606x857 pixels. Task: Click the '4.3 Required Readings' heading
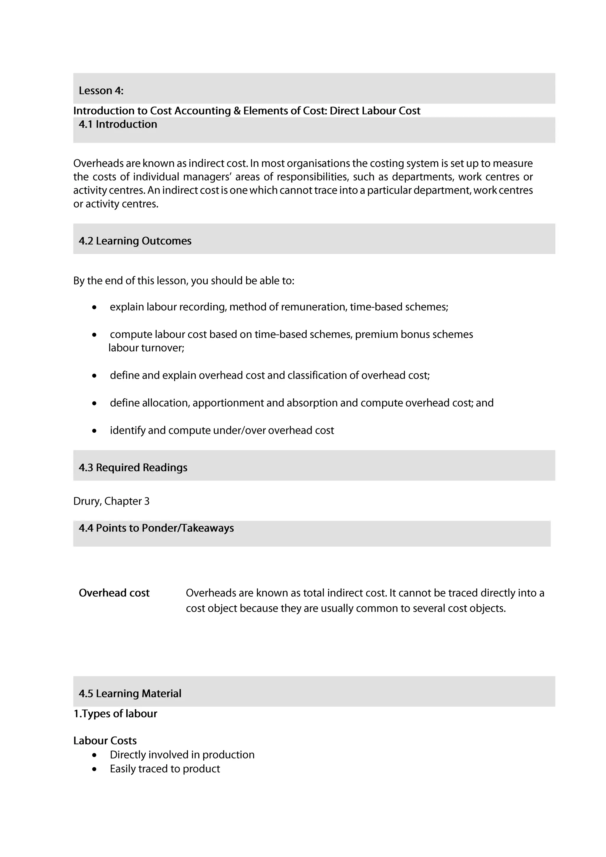point(133,467)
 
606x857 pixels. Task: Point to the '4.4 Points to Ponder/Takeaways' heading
point(156,528)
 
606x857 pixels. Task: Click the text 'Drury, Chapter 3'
point(111,501)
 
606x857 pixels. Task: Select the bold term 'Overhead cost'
point(114,593)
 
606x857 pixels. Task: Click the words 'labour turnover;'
point(146,348)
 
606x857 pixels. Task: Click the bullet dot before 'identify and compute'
point(94,431)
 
